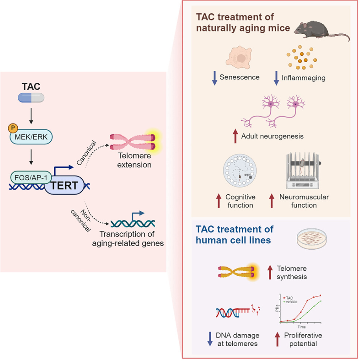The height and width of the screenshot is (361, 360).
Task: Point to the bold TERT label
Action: pyautogui.click(x=66, y=186)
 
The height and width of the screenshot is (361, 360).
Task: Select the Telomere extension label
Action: pyautogui.click(x=134, y=160)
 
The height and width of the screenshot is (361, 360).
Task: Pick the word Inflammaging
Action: pyautogui.click(x=303, y=78)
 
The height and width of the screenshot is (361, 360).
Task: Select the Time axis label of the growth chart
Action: pyautogui.click(x=301, y=327)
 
